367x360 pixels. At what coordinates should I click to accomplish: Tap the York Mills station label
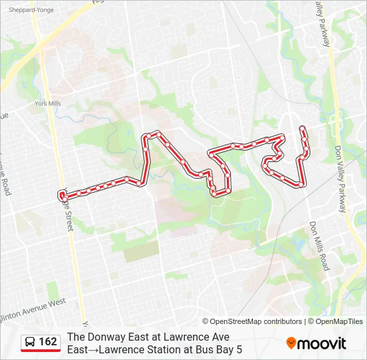48,103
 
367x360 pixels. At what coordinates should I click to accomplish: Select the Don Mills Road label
318,246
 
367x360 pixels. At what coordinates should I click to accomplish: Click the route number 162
48,342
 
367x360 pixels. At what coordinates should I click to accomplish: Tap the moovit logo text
322,343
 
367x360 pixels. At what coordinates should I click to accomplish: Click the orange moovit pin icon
291,343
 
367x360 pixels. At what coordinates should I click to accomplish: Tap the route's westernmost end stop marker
62,195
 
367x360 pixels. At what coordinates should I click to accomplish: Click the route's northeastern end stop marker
303,128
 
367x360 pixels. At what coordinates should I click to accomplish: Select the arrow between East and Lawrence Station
95,349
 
